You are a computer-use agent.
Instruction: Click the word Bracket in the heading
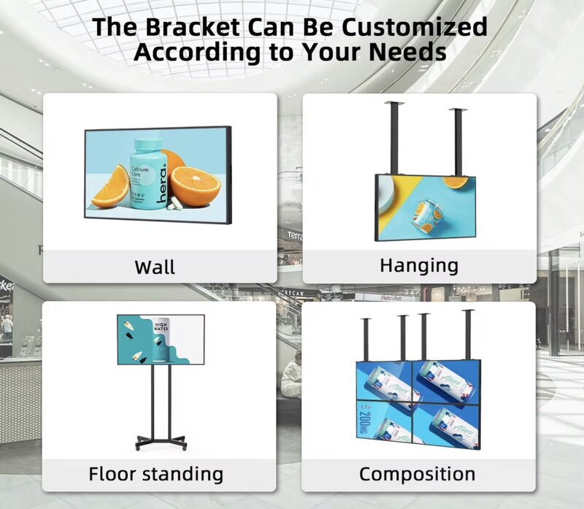[185, 26]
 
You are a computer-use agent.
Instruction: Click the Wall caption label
[155, 267]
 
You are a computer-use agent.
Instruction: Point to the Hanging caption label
[419, 264]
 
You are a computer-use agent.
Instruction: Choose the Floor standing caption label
[155, 473]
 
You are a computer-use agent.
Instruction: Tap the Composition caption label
[417, 474]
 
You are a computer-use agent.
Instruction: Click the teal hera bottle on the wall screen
[150, 176]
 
